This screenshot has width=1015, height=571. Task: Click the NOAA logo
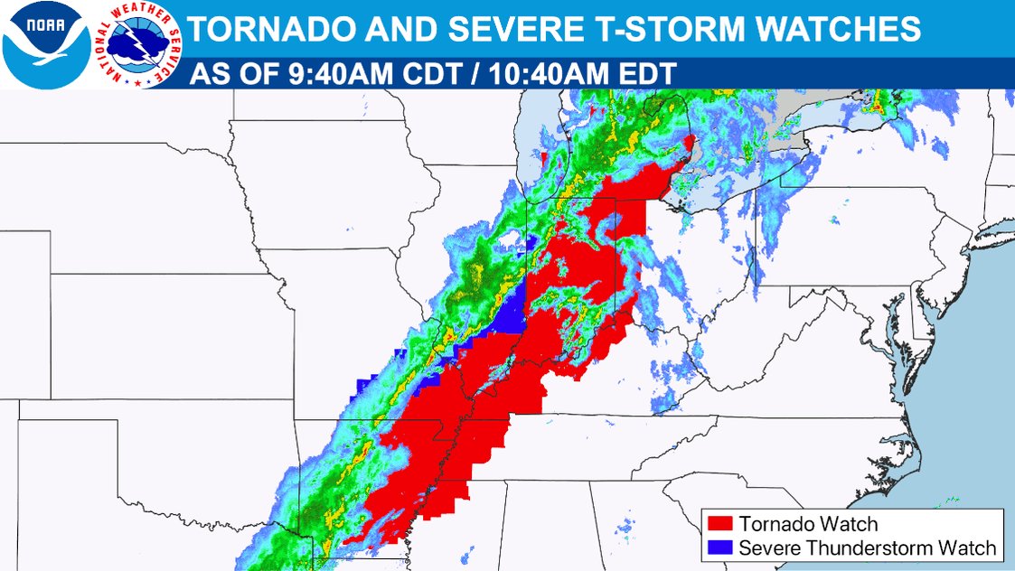click(45, 43)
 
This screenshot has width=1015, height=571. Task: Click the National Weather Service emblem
click(139, 43)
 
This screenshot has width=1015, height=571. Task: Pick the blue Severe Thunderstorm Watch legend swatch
click(720, 548)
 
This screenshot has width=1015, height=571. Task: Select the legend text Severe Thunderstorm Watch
click(867, 548)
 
